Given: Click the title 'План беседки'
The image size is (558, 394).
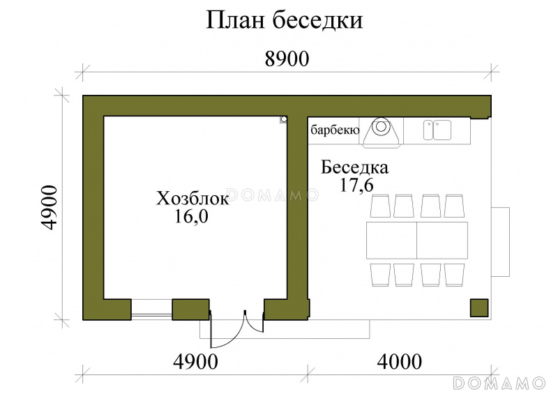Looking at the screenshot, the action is (284, 20).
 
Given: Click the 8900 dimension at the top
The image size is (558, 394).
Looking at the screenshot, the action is (287, 59).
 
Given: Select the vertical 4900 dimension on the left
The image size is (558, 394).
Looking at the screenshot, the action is (49, 208).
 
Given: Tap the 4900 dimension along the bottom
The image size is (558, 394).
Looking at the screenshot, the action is (195, 362).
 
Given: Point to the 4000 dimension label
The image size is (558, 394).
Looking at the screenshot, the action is (399, 362).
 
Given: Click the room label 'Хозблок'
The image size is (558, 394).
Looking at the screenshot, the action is (193, 199).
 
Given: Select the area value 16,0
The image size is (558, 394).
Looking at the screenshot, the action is (191, 216).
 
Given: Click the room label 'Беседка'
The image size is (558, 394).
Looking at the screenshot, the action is (354, 167).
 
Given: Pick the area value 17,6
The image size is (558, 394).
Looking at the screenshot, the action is (356, 185).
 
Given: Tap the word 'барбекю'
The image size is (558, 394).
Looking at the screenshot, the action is (335, 130).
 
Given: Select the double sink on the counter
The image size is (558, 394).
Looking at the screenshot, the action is (437, 130).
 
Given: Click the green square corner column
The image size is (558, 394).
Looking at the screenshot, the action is (479, 308).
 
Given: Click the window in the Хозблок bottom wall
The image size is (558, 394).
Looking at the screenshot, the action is (151, 310).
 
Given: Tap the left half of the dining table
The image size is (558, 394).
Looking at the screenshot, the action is (391, 241).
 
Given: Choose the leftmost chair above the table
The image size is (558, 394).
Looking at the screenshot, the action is (380, 206).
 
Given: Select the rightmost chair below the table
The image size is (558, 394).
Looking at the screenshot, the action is (455, 275).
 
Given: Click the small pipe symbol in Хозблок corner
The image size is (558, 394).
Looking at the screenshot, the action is (284, 119).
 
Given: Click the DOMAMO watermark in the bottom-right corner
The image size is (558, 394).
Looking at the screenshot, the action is (499, 383).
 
